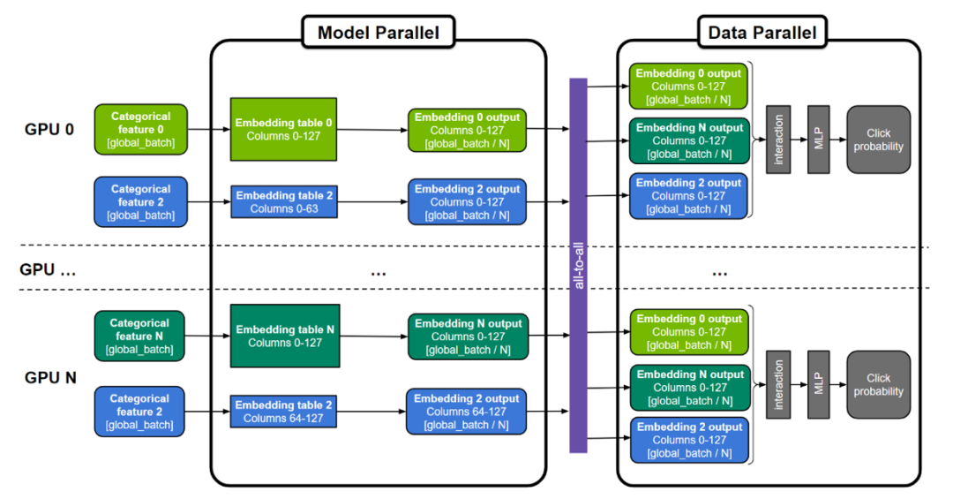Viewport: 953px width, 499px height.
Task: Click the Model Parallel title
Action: pyautogui.click(x=378, y=34)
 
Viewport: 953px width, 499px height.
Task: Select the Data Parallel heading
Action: pyautogui.click(x=762, y=34)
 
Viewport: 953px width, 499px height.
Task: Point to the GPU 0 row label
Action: pyautogui.click(x=50, y=129)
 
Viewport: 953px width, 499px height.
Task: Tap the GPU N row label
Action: pyautogui.click(x=50, y=377)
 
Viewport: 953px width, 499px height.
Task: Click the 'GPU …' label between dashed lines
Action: pyautogui.click(x=49, y=270)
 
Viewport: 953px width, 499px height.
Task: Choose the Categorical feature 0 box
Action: pyautogui.click(x=140, y=129)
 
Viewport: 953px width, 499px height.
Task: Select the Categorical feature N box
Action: pyautogui.click(x=139, y=336)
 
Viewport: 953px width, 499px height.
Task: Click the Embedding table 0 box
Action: pyautogui.click(x=283, y=129)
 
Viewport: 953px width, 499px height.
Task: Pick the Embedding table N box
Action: pyautogui.click(x=284, y=336)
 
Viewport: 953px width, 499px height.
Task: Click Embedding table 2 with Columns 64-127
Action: pyautogui.click(x=284, y=412)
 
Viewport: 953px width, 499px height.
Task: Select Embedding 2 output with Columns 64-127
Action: pyautogui.click(x=467, y=412)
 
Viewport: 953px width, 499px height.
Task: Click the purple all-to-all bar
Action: pyautogui.click(x=578, y=265)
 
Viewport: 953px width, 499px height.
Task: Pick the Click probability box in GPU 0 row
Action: pyautogui.click(x=879, y=140)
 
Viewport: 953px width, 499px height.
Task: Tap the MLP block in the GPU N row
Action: pyautogui.click(x=819, y=385)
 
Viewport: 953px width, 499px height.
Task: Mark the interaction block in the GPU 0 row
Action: pyautogui.click(x=777, y=140)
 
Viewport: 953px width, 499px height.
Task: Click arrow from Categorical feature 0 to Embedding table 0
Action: pyautogui.click(x=208, y=129)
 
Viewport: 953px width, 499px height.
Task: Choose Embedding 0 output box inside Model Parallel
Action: pyautogui.click(x=467, y=129)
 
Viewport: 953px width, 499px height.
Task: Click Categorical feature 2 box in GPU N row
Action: pyautogui.click(x=139, y=412)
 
